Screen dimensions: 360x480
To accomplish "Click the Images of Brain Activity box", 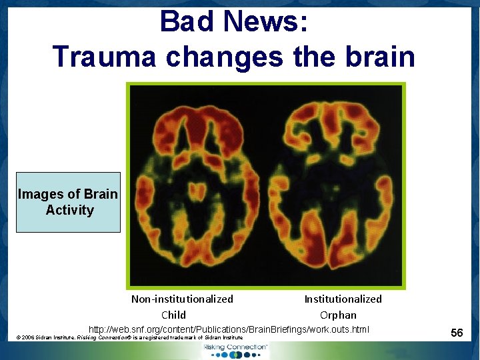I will [x=68, y=202].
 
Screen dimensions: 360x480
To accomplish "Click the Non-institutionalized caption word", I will [x=182, y=299].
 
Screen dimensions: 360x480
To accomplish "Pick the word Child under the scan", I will [x=173, y=315].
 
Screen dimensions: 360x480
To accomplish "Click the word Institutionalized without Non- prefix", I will [x=343, y=299].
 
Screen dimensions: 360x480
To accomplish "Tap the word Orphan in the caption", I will [x=338, y=315].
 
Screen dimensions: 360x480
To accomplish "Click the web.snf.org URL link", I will [x=229, y=329].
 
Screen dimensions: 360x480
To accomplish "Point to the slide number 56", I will [x=457, y=332].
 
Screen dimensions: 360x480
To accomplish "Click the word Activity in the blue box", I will [x=70, y=210].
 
